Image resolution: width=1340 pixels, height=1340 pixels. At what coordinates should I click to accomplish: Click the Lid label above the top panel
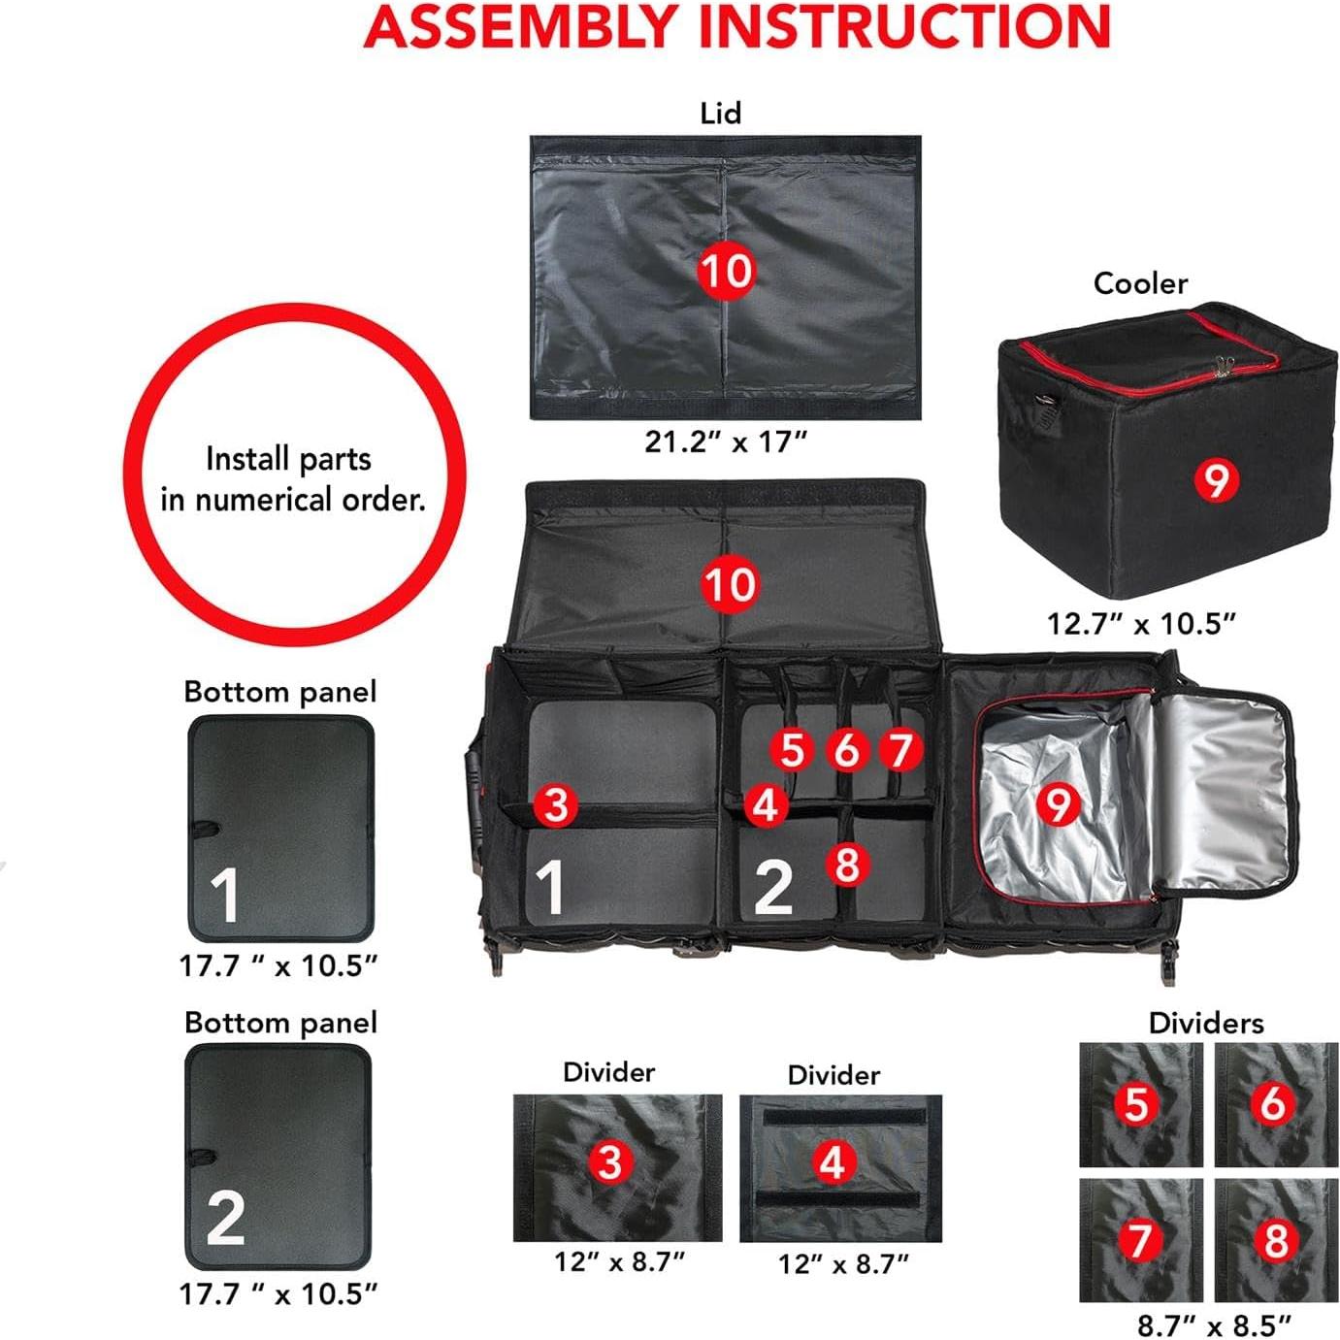pyautogui.click(x=720, y=114)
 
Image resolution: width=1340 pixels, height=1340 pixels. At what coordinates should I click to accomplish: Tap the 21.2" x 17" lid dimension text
pyautogui.click(x=726, y=441)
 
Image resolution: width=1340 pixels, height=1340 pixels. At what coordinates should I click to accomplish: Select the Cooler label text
pyautogui.click(x=1139, y=283)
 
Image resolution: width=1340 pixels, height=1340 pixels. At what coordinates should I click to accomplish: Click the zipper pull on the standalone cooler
pyautogui.click(x=1224, y=366)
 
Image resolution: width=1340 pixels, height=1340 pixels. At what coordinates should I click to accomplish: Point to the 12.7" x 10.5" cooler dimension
pyautogui.click(x=1141, y=623)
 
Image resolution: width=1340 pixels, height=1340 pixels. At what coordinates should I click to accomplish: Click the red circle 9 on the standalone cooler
pyautogui.click(x=1216, y=478)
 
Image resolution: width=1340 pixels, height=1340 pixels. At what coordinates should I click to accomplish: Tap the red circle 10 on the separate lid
pyautogui.click(x=726, y=271)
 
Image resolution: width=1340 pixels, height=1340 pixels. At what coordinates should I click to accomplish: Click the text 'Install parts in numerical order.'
pyautogui.click(x=292, y=478)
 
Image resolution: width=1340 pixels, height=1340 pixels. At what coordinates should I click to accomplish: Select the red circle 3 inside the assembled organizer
pyautogui.click(x=555, y=804)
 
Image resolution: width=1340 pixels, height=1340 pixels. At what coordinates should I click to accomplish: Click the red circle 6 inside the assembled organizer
pyautogui.click(x=846, y=749)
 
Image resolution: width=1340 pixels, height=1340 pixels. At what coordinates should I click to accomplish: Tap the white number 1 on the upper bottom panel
pyautogui.click(x=225, y=895)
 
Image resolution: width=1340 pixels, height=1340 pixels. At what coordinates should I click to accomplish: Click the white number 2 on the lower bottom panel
pyautogui.click(x=225, y=1219)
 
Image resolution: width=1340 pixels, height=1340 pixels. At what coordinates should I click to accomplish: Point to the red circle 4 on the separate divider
pyautogui.click(x=833, y=1161)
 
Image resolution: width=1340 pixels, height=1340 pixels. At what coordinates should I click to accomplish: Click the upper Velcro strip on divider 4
pyautogui.click(x=838, y=1117)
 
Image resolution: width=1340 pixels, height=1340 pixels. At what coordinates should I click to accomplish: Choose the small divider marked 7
pyautogui.click(x=1140, y=1239)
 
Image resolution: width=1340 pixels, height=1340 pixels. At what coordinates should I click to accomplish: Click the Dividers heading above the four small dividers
pyautogui.click(x=1205, y=1023)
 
